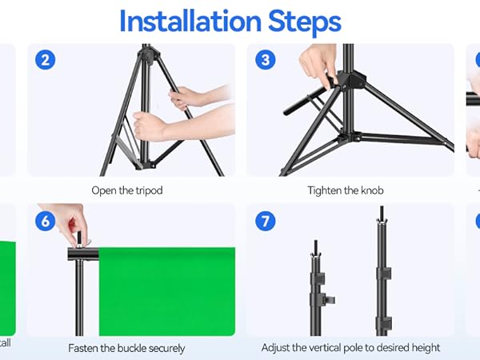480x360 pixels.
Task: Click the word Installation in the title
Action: tap(186, 21)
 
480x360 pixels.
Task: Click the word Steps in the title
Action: tap(300, 21)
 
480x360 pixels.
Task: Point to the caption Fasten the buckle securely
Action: tap(126, 348)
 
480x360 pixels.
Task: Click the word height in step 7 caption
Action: tap(422, 348)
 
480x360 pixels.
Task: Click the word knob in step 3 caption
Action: tap(371, 190)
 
